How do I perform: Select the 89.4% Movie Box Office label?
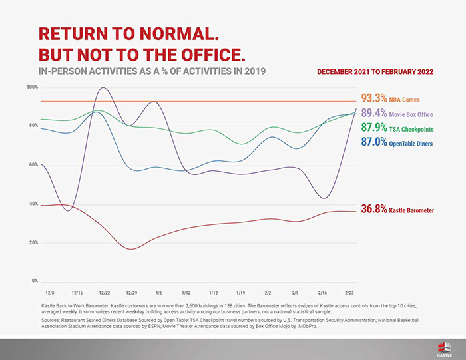[397, 114]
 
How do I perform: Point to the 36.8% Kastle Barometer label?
[397, 210]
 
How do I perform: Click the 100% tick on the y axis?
[32, 87]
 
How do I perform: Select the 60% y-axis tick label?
[33, 164]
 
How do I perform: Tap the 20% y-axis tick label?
[33, 242]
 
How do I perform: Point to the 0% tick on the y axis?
[34, 281]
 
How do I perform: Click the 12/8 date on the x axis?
[49, 293]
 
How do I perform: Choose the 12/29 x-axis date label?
[131, 293]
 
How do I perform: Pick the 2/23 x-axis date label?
[349, 293]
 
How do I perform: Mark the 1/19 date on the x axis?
[240, 293]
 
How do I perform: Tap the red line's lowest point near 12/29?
[130, 249]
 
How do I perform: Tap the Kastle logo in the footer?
[444, 347]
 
